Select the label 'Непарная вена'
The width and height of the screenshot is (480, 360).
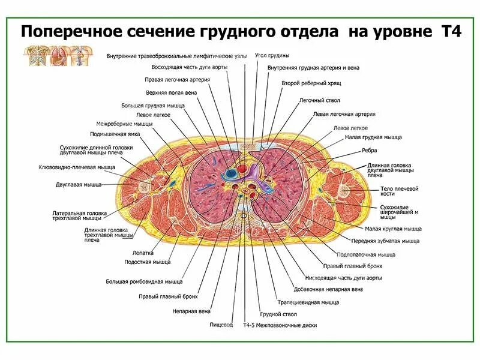pos(191,311)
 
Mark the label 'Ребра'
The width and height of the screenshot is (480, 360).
pos(370,150)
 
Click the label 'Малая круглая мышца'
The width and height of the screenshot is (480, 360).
pos(393,229)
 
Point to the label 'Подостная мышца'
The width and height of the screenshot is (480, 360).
pos(147,262)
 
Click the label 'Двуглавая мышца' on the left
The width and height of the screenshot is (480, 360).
pos(79,185)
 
